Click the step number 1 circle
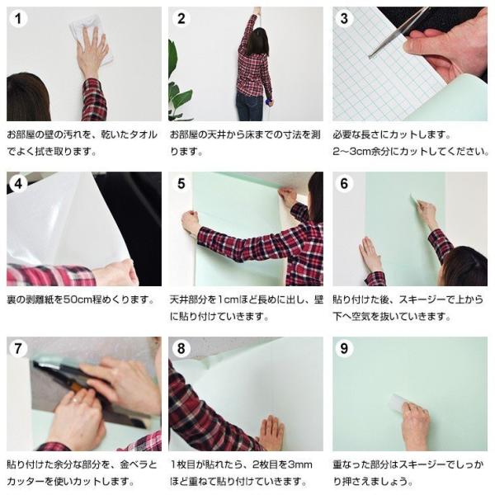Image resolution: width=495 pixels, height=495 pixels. tap(19, 19)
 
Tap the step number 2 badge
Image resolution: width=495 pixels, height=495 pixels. tap(182, 19)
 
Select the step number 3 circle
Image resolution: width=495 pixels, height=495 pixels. tap(346, 19)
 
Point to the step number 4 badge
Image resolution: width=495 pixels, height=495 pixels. tap(19, 183)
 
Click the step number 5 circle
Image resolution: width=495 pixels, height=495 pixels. tap(182, 183)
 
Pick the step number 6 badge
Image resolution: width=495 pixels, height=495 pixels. tap(346, 183)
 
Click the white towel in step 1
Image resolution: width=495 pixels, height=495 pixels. tap(82, 30)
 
